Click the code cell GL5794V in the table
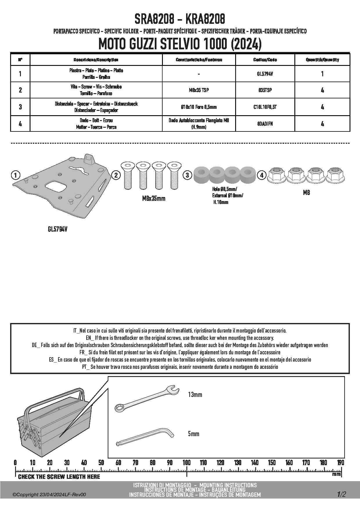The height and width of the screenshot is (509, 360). pyautogui.click(x=265, y=74)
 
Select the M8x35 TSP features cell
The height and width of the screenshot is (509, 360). pyautogui.click(x=199, y=90)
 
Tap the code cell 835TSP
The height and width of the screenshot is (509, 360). pyautogui.click(x=265, y=90)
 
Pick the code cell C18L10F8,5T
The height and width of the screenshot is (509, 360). pyautogui.click(x=265, y=107)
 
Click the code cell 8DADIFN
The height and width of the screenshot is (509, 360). pyautogui.click(x=265, y=124)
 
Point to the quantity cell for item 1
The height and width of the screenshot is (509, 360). pyautogui.click(x=322, y=74)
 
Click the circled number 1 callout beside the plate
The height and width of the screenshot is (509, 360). pyautogui.click(x=15, y=175)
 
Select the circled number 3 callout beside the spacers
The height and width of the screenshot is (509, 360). pyautogui.click(x=188, y=175)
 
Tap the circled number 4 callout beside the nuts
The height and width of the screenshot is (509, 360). pyautogui.click(x=262, y=175)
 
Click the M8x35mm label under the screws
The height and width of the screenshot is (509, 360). pyautogui.click(x=154, y=198)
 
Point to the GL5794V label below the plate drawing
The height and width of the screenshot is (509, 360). pyautogui.click(x=57, y=229)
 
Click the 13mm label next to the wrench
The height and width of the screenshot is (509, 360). pyautogui.click(x=195, y=395)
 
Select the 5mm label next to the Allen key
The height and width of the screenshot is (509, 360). pyautogui.click(x=194, y=434)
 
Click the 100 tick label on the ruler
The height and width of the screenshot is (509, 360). pyautogui.click(x=186, y=463)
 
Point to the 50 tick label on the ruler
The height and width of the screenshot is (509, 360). pyautogui.click(x=101, y=463)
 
